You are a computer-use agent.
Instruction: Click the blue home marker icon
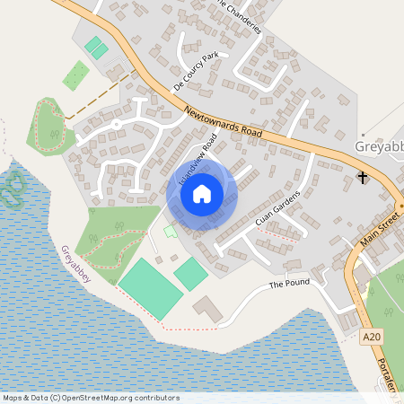(x=202, y=194)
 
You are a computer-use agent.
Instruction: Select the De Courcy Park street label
(x=197, y=72)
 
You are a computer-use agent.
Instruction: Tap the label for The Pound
(x=289, y=284)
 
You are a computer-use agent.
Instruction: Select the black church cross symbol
(x=363, y=177)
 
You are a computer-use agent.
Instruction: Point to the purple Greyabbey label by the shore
(x=76, y=266)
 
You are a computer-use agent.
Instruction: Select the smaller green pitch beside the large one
(x=190, y=273)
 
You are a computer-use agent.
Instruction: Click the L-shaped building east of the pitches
(x=210, y=311)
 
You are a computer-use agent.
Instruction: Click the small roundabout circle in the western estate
(x=116, y=124)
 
